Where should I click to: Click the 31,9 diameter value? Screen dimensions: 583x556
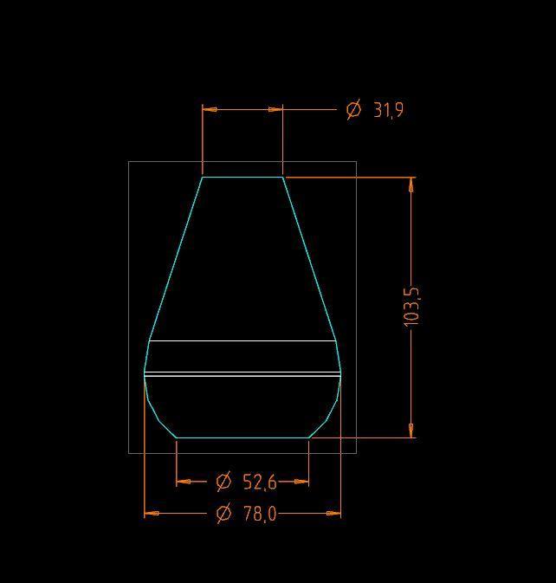(388, 110)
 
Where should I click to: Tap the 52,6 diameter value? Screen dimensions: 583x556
(259, 481)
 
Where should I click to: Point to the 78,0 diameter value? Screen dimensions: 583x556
(259, 514)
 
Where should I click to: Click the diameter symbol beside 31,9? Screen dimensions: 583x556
(353, 110)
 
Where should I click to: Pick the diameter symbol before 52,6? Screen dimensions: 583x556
(223, 481)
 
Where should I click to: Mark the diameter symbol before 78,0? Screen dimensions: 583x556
(223, 514)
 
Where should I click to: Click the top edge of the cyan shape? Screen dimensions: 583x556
(242, 177)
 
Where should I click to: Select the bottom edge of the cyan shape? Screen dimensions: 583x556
(242, 437)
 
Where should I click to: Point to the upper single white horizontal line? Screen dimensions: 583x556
(242, 341)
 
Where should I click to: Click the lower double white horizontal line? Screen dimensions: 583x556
(242, 374)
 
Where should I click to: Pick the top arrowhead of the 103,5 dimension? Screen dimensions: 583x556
(411, 184)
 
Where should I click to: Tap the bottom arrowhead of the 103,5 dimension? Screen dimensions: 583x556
(411, 431)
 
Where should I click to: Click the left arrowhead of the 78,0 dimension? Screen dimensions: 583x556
(151, 513)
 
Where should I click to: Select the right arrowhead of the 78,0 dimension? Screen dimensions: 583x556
(334, 513)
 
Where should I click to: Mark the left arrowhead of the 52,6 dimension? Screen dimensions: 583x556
(183, 481)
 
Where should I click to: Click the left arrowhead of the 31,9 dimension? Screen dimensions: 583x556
(209, 110)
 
